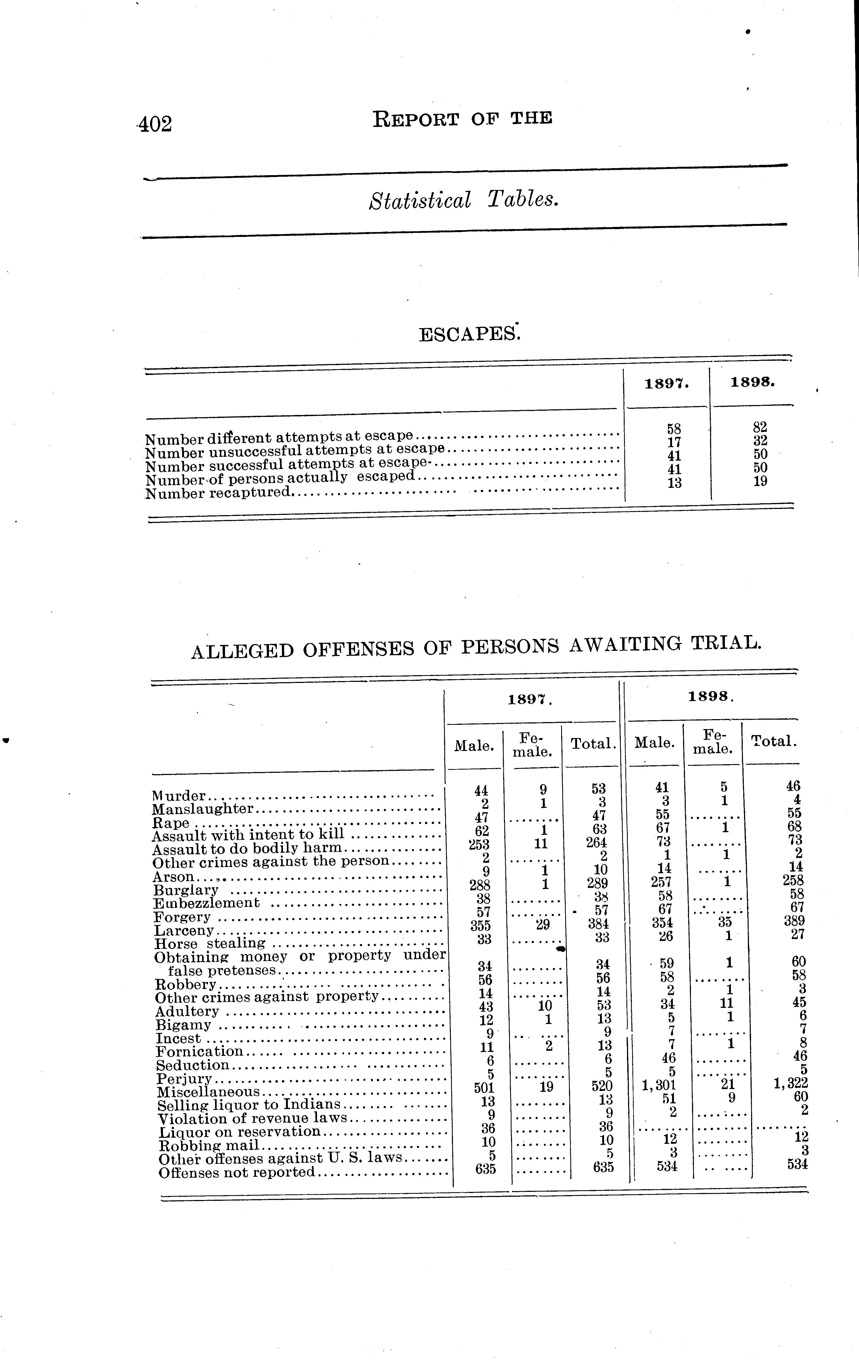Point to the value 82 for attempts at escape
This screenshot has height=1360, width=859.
coord(760,427)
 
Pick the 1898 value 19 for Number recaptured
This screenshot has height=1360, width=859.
coord(760,482)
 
